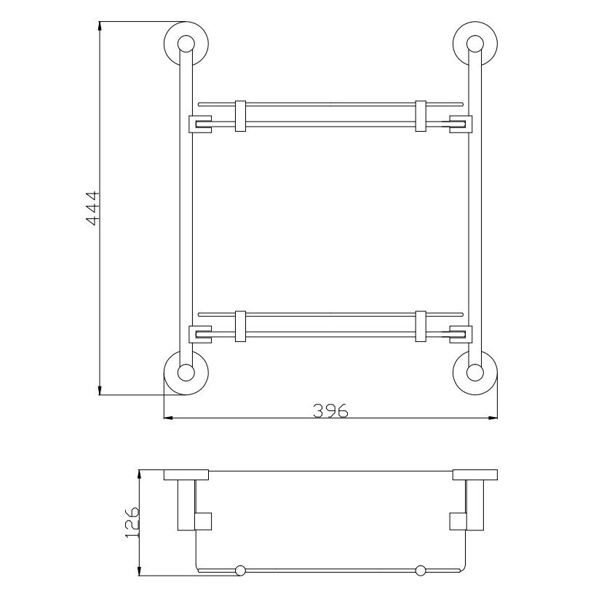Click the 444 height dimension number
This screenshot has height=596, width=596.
pos(92,208)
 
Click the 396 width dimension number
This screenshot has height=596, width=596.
pos(330,410)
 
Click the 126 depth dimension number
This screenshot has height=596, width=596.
pos(132,522)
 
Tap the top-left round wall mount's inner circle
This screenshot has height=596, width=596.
pos(186,44)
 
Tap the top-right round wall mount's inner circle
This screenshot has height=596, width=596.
pos(475,44)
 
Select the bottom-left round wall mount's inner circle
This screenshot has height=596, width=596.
pos(186,373)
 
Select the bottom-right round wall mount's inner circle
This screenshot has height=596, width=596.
pos(475,373)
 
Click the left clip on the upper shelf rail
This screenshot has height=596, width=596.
pos(240,116)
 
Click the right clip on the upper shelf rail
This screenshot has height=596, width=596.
pos(421,116)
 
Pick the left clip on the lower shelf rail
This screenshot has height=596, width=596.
pos(240,327)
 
